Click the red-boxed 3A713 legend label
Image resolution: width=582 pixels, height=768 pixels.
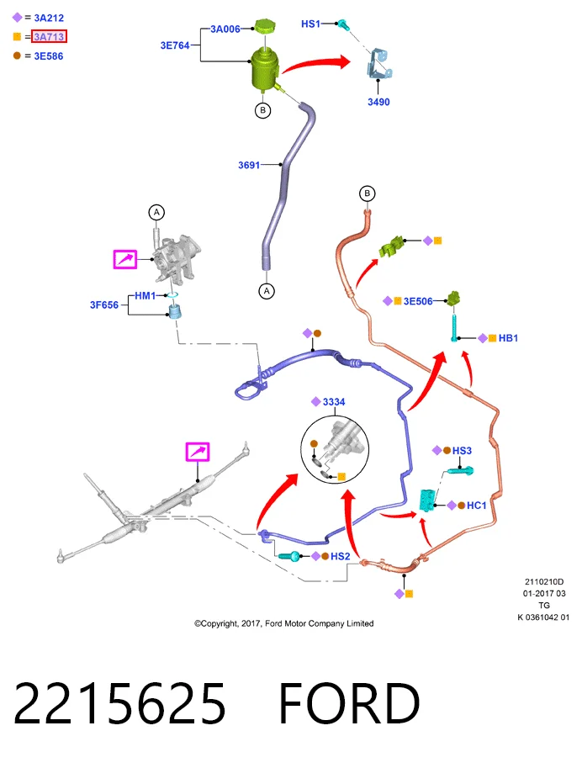click(x=49, y=37)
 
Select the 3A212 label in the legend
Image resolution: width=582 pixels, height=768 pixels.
click(x=49, y=19)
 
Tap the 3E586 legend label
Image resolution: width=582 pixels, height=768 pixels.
click(x=49, y=56)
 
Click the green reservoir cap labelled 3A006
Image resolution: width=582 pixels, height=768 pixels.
click(x=265, y=26)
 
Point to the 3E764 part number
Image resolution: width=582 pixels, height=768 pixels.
click(x=175, y=45)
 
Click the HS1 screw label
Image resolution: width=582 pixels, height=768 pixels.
click(x=310, y=24)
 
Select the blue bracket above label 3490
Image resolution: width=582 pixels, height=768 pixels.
click(x=379, y=64)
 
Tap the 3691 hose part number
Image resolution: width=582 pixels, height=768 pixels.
click(x=249, y=166)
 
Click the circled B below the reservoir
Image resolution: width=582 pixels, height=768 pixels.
click(x=263, y=110)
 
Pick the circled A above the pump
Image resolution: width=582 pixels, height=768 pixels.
click(x=156, y=213)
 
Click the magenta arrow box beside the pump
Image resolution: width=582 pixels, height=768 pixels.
click(x=125, y=259)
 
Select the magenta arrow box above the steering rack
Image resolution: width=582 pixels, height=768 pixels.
click(x=198, y=452)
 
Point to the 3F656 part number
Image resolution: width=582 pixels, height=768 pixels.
click(x=104, y=305)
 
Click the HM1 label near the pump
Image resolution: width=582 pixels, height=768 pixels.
click(x=145, y=296)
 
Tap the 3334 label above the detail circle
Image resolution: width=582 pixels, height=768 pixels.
click(x=334, y=402)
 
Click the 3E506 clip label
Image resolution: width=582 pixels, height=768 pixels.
click(x=418, y=301)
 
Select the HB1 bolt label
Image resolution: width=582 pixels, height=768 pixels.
click(x=508, y=338)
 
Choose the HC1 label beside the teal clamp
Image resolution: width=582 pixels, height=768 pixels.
click(x=476, y=506)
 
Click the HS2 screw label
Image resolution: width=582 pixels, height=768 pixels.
click(x=340, y=556)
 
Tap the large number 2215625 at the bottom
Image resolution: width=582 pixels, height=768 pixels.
click(x=119, y=703)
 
